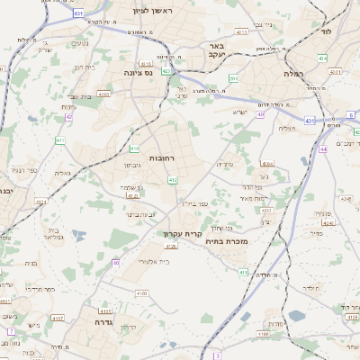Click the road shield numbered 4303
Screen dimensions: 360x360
pyautogui.click(x=103, y=93)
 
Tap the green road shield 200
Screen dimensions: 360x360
pyautogui.click(x=233, y=78)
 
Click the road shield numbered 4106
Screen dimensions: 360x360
pyautogui.click(x=195, y=293)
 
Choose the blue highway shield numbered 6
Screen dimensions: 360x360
pyautogui.click(x=350, y=114)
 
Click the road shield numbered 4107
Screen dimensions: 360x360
pyautogui.click(x=58, y=318)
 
